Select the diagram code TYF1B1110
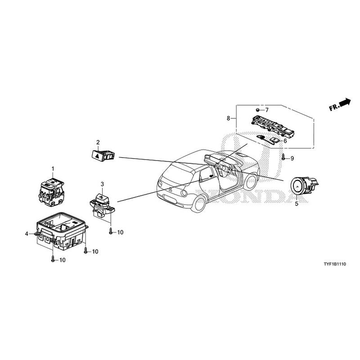click(x=334, y=264)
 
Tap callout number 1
click(x=53, y=169)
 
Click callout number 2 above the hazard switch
click(x=98, y=142)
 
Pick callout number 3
click(x=102, y=184)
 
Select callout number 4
click(x=27, y=234)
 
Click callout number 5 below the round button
click(x=297, y=203)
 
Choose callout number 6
click(x=285, y=141)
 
